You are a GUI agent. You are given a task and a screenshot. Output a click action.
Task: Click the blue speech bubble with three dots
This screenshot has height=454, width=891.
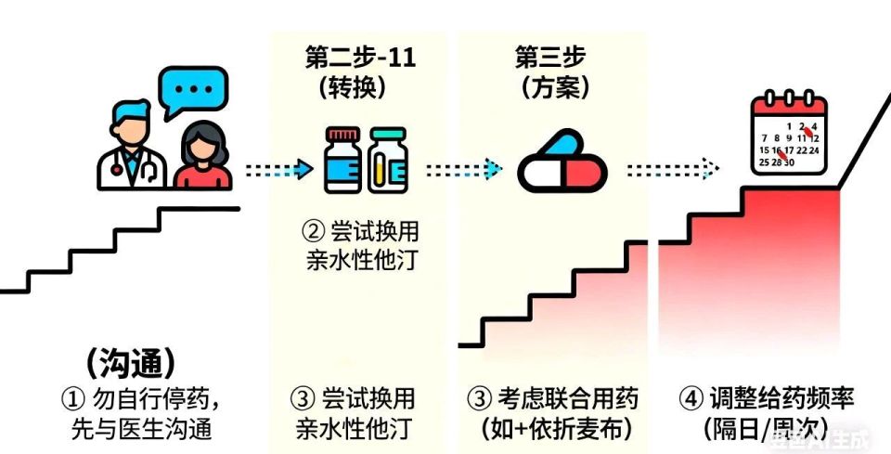tap(192, 90)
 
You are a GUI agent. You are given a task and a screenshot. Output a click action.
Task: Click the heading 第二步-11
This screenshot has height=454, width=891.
tap(360, 58)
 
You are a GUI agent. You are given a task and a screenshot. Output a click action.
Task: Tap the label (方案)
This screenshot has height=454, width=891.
tap(553, 88)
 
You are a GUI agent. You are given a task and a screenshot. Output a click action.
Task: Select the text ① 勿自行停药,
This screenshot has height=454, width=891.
tap(141, 399)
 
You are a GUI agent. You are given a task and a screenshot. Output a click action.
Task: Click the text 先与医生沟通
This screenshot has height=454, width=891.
tap(141, 430)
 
